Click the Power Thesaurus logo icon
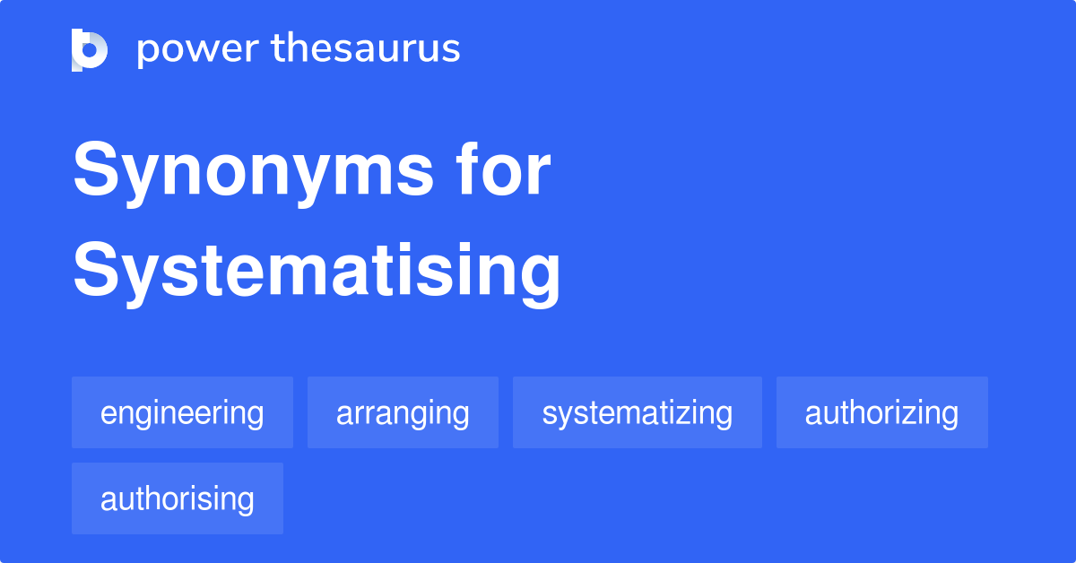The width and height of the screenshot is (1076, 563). pos(90,49)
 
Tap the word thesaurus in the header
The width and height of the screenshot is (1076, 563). pos(366,49)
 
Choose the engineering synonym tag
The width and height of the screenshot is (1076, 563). pos(182,412)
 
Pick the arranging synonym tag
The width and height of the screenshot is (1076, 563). pos(403,412)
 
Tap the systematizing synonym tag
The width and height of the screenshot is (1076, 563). pos(637,412)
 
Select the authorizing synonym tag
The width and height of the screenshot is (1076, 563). pos(881,412)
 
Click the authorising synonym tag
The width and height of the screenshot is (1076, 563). pos(178,498)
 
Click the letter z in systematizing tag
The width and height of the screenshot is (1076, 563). pos(678,414)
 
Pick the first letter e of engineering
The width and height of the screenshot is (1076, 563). pos(108,414)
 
